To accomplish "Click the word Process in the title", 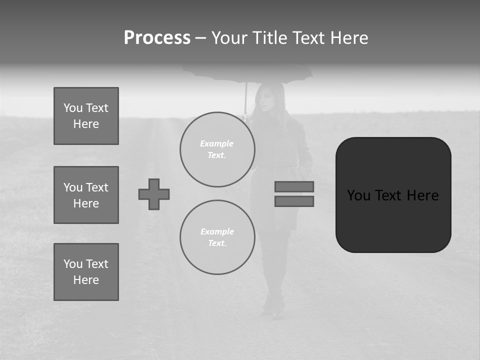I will (x=157, y=38).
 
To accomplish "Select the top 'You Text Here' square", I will (x=86, y=116).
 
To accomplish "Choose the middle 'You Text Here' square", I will (x=86, y=195).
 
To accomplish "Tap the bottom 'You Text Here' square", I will (x=86, y=272).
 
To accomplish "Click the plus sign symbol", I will (x=154, y=194).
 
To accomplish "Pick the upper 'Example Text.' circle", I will (x=217, y=149).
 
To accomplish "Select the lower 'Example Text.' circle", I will (x=217, y=237).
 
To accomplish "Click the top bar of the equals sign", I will (x=294, y=186).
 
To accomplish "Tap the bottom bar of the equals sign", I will (x=294, y=201).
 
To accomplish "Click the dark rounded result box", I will (x=393, y=195).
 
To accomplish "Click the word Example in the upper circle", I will (x=216, y=143).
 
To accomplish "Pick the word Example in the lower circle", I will (x=217, y=231).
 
